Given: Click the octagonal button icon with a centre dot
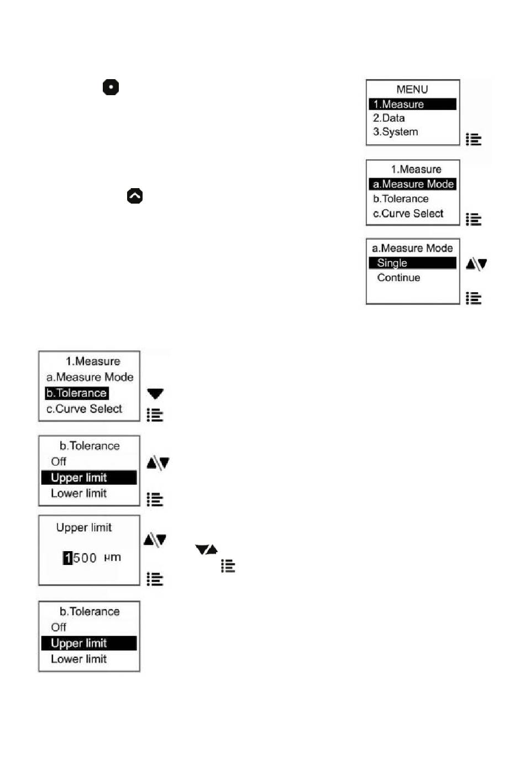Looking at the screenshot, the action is pyautogui.click(x=111, y=87).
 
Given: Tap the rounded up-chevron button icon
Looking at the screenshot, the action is pyautogui.click(x=135, y=196).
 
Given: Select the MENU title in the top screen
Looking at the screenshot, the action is pyautogui.click(x=412, y=90).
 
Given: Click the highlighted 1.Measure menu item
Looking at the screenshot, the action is pyautogui.click(x=412, y=104).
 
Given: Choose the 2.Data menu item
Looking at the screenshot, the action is pyautogui.click(x=389, y=118).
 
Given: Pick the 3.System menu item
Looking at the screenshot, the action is pyautogui.click(x=395, y=132).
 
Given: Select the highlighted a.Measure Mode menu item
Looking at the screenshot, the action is pyautogui.click(x=413, y=184).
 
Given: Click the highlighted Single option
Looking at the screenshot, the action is pyautogui.click(x=412, y=263).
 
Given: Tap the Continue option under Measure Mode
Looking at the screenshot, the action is pyautogui.click(x=398, y=277).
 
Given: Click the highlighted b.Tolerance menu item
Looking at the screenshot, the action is pyautogui.click(x=76, y=393).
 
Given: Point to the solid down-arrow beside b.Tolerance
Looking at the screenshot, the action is pyautogui.click(x=155, y=393).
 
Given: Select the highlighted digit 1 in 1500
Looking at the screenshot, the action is pyautogui.click(x=68, y=558).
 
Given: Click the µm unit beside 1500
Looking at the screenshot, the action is pyautogui.click(x=112, y=557).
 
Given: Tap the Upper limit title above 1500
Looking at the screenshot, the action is pyautogui.click(x=84, y=528).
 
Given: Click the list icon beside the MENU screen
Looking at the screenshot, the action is pyautogui.click(x=474, y=139).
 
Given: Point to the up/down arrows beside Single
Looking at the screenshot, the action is pyautogui.click(x=476, y=264).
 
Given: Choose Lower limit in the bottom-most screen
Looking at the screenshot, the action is pyautogui.click(x=79, y=659).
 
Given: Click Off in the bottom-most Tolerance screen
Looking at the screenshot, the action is pyautogui.click(x=59, y=627).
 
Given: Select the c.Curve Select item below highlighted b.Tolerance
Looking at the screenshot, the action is pyautogui.click(x=85, y=409).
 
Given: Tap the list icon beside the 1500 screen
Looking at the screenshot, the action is pyautogui.click(x=155, y=579).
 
